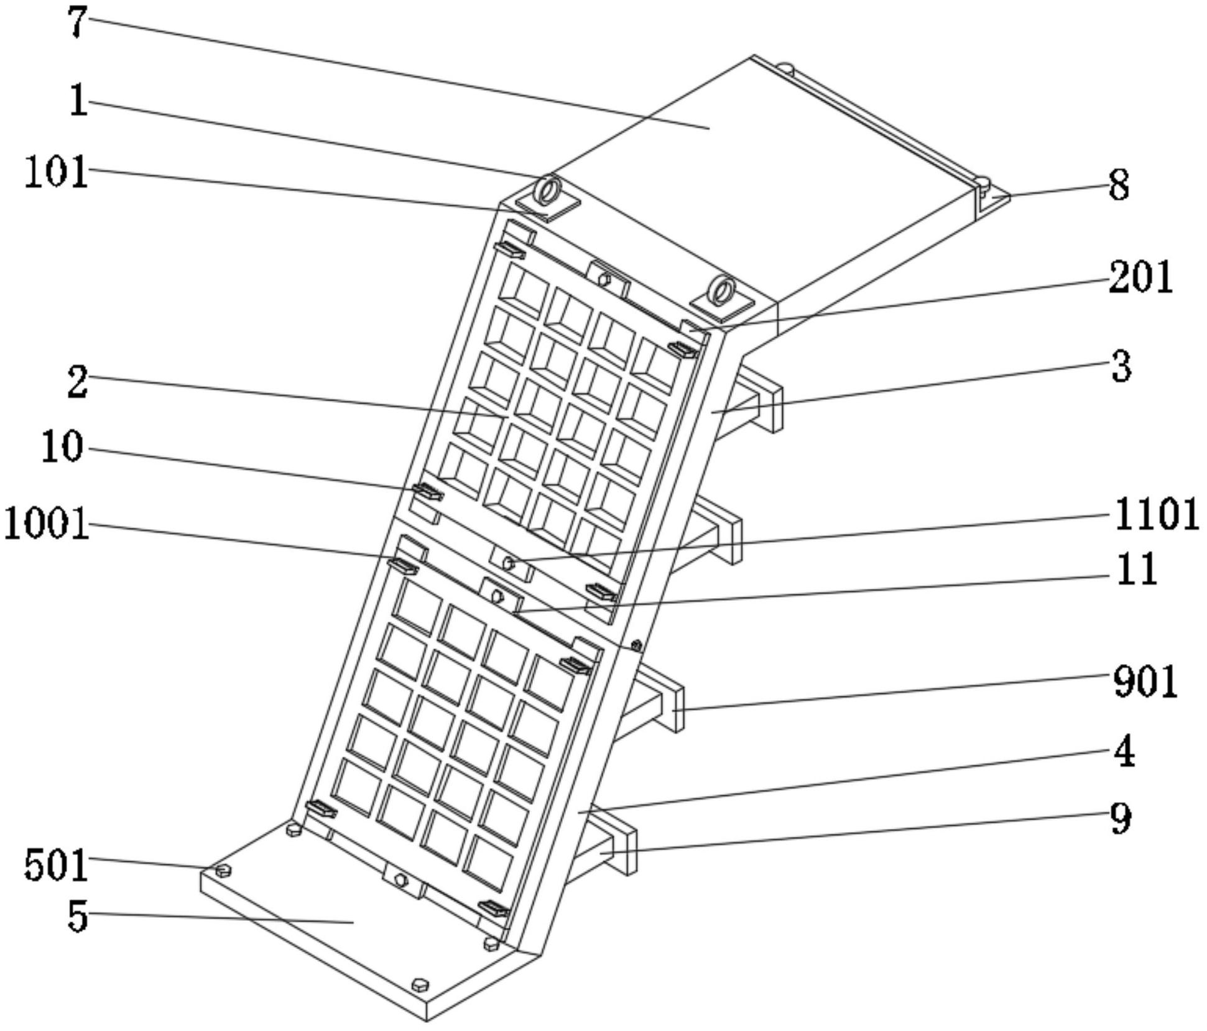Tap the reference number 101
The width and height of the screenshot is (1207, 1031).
56,172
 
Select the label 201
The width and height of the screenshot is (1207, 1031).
1140,277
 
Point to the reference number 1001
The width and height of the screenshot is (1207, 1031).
46,524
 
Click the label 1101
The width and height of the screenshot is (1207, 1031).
1156,514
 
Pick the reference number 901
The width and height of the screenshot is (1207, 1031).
1145,682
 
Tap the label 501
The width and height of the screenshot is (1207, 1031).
56,865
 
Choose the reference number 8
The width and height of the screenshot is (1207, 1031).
1119,185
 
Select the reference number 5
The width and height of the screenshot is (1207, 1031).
77,916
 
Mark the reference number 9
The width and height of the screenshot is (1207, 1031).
1121,819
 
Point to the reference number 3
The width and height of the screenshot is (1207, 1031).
1121,367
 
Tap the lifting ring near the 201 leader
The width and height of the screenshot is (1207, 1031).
722,291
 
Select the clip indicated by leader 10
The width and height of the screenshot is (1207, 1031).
428,492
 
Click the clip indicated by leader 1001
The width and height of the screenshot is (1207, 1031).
403,565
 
